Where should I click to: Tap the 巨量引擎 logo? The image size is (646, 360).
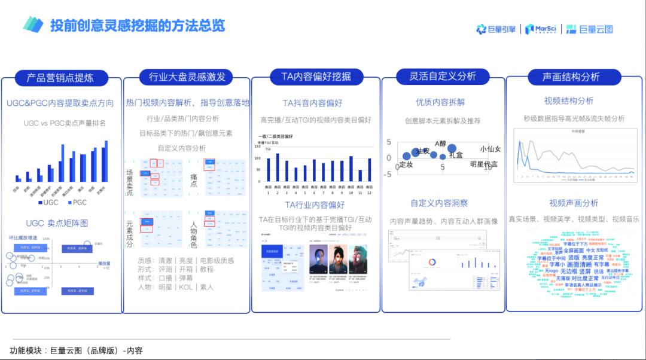[496, 29]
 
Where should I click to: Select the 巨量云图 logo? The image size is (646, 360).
[589, 29]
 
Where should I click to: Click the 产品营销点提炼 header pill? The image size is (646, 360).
[60, 78]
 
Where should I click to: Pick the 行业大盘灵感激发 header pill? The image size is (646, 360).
[187, 77]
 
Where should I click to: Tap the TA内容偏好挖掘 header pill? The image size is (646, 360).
[316, 77]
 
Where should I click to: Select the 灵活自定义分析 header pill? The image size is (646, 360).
[443, 77]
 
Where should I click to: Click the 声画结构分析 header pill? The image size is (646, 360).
[571, 77]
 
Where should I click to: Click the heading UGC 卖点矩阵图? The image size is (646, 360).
[57, 223]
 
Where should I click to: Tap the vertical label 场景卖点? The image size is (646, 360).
[130, 182]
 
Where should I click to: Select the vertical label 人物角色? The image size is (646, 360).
[194, 234]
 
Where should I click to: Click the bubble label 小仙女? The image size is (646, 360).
[490, 149]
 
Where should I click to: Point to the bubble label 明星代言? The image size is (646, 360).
[483, 164]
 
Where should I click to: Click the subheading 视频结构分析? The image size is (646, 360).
[569, 100]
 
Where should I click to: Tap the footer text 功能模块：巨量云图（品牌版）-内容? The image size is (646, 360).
[77, 350]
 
